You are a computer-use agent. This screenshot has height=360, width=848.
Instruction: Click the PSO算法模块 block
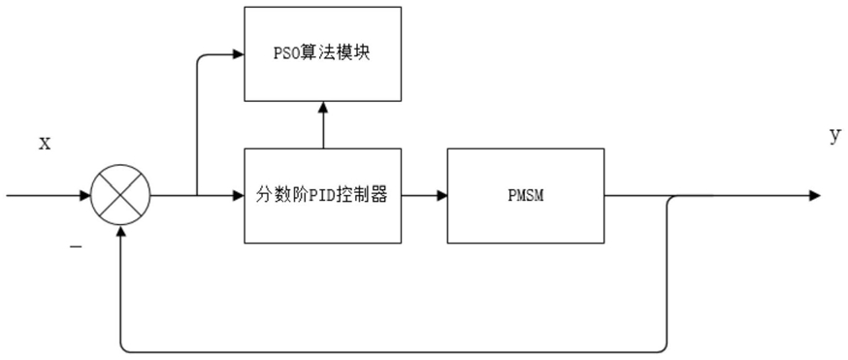[x=323, y=53]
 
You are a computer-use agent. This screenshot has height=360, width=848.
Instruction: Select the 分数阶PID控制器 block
[x=323, y=196]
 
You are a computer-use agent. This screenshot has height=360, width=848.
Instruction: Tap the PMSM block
[x=526, y=196]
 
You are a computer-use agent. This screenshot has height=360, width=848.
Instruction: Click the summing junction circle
[x=120, y=196]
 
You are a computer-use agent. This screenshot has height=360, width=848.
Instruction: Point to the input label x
[x=44, y=145]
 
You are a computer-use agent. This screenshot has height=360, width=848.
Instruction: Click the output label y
[x=835, y=137]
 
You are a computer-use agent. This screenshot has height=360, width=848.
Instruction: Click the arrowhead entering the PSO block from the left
[x=239, y=53]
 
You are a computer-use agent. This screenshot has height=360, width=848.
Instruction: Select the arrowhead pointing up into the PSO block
[x=323, y=107]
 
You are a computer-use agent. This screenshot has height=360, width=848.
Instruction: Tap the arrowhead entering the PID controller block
[x=239, y=196]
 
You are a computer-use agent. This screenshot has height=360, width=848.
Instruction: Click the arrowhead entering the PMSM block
[x=441, y=196]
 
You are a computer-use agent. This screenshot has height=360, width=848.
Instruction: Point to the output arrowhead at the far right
[x=815, y=196]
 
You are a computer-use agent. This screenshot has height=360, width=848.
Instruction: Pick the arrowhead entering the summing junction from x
[x=84, y=196]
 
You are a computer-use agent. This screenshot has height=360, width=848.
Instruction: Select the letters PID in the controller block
[x=324, y=196]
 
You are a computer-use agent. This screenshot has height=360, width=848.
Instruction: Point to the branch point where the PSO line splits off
[x=197, y=196]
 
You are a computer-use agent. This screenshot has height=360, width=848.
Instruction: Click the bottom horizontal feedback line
[x=393, y=352]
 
